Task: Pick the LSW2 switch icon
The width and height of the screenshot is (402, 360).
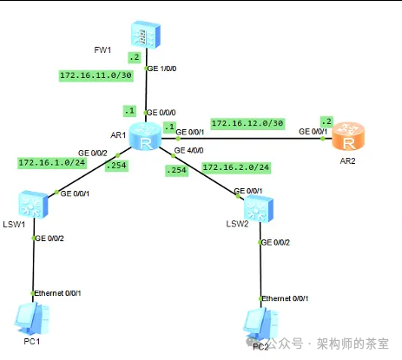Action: click(259, 210)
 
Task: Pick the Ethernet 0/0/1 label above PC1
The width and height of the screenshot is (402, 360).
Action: click(63, 293)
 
